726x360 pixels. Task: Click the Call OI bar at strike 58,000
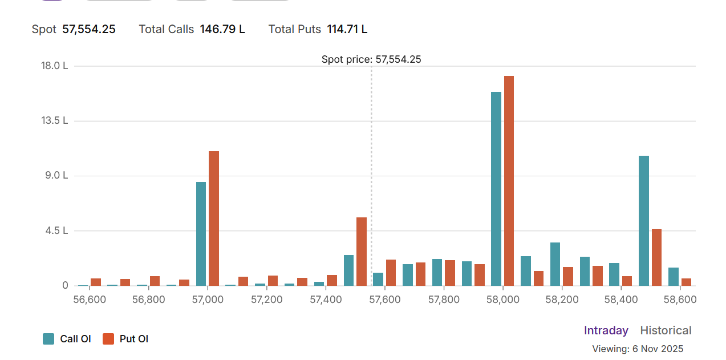496,188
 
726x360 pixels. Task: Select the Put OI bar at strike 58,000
509,180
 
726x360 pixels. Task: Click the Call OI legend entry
67,339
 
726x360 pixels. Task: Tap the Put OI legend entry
125,339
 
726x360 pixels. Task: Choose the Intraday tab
606,330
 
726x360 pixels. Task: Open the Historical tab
666,330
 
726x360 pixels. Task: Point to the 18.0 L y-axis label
54,66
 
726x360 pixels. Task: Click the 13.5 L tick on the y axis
54,120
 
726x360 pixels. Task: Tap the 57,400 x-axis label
326,300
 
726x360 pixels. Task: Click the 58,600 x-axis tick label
680,300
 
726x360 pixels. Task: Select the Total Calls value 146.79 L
222,29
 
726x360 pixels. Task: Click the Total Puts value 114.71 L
347,29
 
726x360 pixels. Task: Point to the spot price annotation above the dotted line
371,59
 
